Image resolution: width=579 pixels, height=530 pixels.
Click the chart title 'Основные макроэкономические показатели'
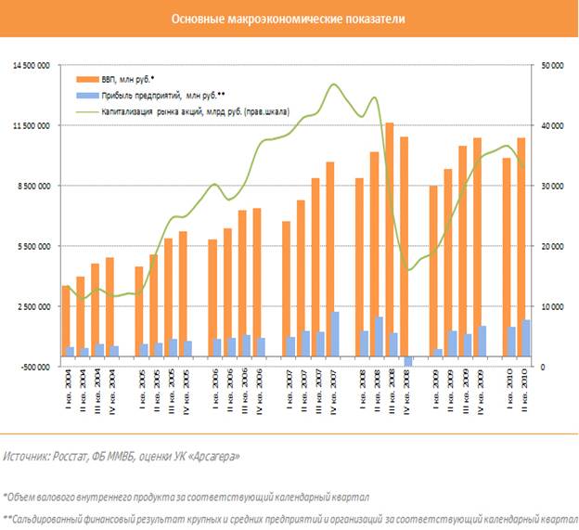(x=289, y=19)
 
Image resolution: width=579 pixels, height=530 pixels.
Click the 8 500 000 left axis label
(x=32, y=186)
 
